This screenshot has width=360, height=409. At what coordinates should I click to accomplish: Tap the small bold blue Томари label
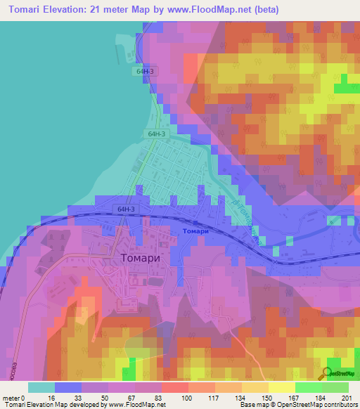click(x=195, y=231)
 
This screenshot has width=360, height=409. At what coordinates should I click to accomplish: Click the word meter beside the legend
click(x=12, y=398)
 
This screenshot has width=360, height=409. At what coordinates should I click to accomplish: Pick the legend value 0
click(x=27, y=398)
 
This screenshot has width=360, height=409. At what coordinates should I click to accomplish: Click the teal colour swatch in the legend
click(x=41, y=387)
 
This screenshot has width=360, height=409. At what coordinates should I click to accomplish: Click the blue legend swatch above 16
click(x=68, y=387)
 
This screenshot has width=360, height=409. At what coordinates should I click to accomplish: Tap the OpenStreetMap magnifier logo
click(x=326, y=373)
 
